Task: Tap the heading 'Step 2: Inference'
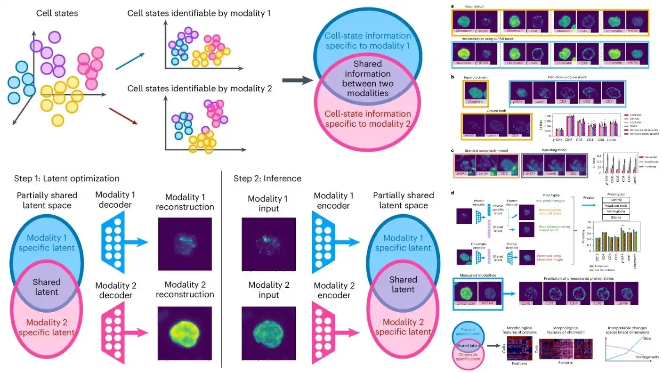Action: coord(267,178)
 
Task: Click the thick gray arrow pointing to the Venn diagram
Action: coord(298,81)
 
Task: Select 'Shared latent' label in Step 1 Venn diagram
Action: coord(47,287)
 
